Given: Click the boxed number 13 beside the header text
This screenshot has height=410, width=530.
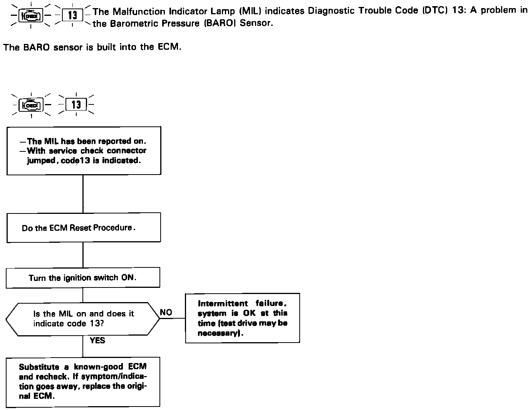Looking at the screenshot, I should pyautogui.click(x=72, y=15).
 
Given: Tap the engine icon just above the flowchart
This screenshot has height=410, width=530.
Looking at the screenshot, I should pyautogui.click(x=31, y=104).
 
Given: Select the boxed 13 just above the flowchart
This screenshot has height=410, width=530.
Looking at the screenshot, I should pyautogui.click(x=76, y=104).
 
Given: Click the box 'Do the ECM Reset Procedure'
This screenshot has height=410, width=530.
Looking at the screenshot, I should pyautogui.click(x=83, y=228).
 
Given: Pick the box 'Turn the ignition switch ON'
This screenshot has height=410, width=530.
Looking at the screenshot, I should pyautogui.click(x=83, y=278).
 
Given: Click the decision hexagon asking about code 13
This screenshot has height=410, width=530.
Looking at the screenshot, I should pyautogui.click(x=83, y=319).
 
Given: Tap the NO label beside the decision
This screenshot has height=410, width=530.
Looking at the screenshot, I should pyautogui.click(x=166, y=313).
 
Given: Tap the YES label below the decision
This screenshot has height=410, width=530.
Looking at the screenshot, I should pyautogui.click(x=97, y=341).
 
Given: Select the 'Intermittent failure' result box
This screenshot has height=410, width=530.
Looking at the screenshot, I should pyautogui.click(x=242, y=318).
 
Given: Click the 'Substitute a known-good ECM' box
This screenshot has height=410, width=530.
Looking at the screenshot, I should pyautogui.click(x=83, y=381).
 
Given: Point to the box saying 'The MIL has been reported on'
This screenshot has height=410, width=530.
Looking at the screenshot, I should pyautogui.click(x=84, y=151).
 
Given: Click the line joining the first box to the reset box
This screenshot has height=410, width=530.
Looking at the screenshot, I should pyautogui.click(x=83, y=194).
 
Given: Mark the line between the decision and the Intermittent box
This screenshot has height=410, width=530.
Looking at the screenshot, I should pyautogui.click(x=173, y=319).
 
